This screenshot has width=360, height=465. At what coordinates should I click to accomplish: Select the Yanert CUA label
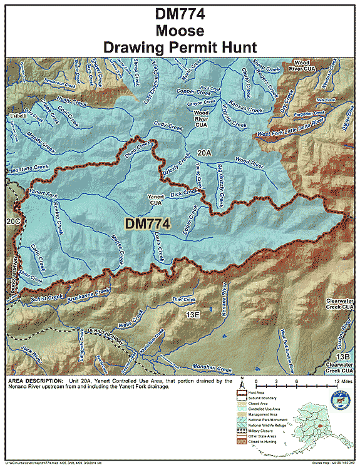155,200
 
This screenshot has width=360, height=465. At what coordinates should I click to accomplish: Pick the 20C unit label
13,221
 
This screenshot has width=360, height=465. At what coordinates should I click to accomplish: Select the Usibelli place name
18,108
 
